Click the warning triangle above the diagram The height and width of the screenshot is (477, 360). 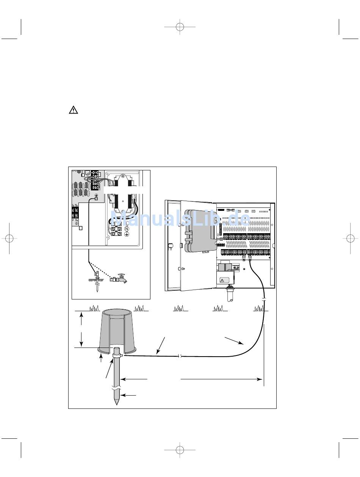click(x=73, y=110)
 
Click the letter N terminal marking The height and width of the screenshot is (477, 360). click(x=127, y=229)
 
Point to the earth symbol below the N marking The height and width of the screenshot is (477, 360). click(x=127, y=235)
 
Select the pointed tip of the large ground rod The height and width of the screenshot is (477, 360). click(x=117, y=402)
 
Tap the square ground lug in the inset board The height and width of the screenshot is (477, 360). click(x=96, y=198)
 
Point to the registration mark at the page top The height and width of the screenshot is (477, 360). click(x=180, y=27)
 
